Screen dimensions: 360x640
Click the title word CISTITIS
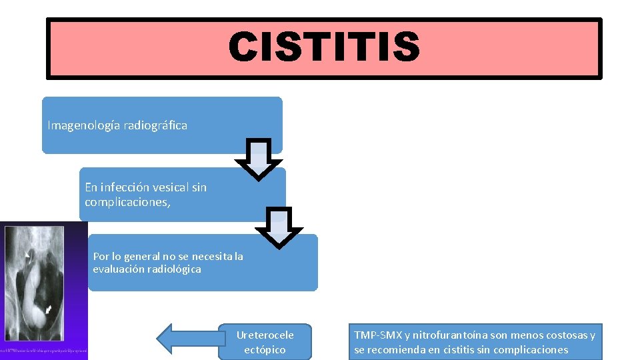[324, 48]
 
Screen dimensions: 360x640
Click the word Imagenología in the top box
[80, 125]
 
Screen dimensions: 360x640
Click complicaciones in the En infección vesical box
[127, 202]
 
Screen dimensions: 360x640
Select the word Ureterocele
[265, 335]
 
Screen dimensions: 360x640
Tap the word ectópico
[265, 349]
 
